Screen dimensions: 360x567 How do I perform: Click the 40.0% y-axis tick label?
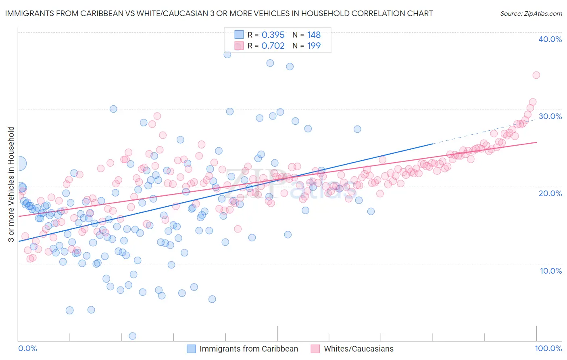550,39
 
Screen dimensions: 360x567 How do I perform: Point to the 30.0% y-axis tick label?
550,116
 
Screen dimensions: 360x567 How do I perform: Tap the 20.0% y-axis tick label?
550,193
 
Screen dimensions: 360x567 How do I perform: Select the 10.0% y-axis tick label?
551,271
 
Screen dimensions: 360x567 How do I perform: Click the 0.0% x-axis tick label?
28,348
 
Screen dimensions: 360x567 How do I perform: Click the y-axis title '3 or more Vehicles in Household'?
11,184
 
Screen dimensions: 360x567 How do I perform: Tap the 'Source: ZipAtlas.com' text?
531,13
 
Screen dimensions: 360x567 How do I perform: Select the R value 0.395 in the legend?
273,35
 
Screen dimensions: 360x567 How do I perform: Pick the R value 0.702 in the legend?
273,46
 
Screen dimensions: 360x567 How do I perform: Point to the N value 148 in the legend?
314,35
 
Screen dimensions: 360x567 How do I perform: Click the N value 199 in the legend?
314,46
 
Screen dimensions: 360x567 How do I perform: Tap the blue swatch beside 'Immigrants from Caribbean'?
191,349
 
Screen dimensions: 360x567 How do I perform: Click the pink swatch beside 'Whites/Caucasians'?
315,349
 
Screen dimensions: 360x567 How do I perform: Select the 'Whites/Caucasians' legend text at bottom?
359,349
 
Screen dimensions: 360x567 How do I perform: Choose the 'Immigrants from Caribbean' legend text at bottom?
248,349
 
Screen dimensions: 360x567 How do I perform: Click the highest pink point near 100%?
536,75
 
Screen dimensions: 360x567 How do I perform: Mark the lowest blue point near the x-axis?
132,336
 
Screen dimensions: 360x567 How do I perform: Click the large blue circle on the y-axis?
19,163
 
